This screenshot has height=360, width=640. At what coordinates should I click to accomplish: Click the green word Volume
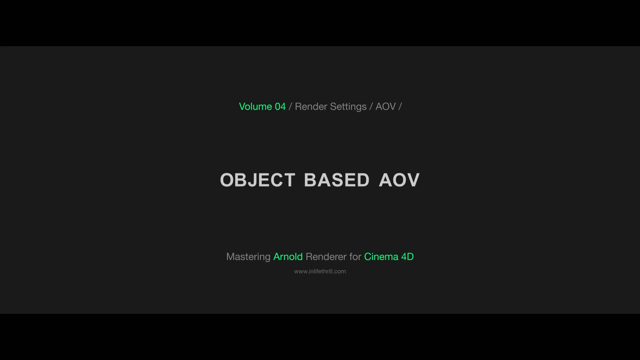[x=255, y=107]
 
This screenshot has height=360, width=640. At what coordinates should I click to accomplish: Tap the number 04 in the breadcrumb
[x=280, y=107]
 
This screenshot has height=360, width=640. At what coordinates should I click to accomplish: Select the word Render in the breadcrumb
[x=311, y=107]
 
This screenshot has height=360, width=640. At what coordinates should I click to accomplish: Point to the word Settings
[x=348, y=107]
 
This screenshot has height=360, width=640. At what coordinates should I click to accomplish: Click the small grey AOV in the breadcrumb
[x=385, y=107]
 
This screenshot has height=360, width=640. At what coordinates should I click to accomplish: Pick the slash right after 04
[x=290, y=107]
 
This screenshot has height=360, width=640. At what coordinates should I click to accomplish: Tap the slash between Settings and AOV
[x=371, y=107]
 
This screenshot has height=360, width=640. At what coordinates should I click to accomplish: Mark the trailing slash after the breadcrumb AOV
[x=400, y=107]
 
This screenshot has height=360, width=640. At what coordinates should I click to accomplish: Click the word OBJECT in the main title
[x=257, y=180]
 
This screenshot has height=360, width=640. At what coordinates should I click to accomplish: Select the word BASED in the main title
[x=337, y=180]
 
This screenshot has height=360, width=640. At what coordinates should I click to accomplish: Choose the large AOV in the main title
[x=399, y=180]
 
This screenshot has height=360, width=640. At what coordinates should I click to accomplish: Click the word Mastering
[x=248, y=257]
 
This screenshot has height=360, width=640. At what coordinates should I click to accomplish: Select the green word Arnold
[x=288, y=257]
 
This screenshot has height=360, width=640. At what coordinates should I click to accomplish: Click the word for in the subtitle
[x=355, y=257]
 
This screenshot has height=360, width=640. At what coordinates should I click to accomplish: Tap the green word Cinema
[x=381, y=257]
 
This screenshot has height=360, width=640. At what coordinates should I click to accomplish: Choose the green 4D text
[x=407, y=257]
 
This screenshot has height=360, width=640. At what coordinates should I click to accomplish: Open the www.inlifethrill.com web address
[x=320, y=271]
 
